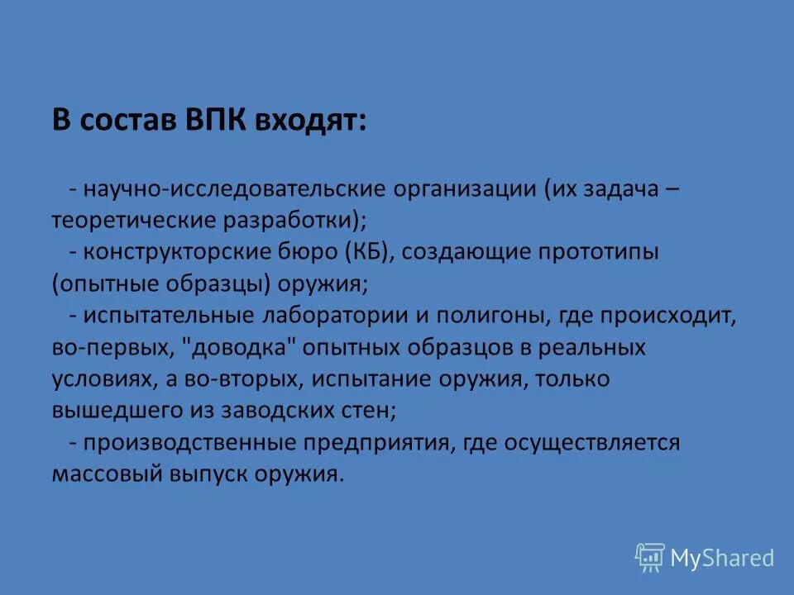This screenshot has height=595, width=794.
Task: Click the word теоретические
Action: tap(134, 221)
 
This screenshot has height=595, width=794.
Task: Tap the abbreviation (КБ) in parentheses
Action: tap(365, 253)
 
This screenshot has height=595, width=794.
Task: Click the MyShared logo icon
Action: tap(650, 558)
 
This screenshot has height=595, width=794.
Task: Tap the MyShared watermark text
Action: tap(722, 559)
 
